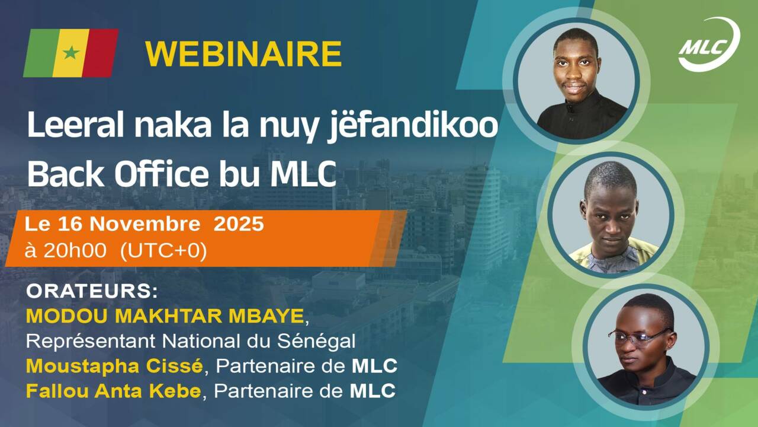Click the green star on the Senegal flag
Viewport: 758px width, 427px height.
pos(71,53)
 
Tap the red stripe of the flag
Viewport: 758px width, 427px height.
pos(101,53)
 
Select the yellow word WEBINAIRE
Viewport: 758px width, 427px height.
pos(243,54)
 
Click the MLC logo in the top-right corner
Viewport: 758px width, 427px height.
pos(708,46)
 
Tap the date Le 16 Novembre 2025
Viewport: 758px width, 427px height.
pos(144,225)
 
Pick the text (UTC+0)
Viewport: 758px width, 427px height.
pos(163,251)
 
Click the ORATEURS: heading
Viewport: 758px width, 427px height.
pos(92,293)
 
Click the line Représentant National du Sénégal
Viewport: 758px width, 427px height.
pos(191,342)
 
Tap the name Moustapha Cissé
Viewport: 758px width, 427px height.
pos(115,367)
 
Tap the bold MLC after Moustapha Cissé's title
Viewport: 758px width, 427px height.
pos(374,367)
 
